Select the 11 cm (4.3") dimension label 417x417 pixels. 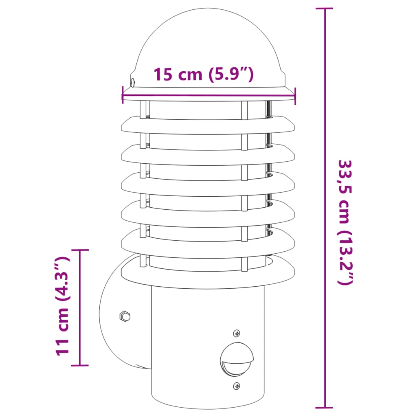[x=61, y=306]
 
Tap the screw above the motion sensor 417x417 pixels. [x=237, y=334]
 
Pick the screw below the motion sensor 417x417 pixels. [x=237, y=386]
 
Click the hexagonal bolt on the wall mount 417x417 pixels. [x=124, y=316]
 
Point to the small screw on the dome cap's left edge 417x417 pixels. [x=132, y=83]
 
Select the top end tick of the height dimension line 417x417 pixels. [x=325, y=9]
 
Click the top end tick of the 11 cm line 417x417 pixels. [x=79, y=250]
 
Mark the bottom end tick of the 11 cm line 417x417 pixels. [x=79, y=365]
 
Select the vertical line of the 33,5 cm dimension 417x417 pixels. [x=325, y=122]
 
